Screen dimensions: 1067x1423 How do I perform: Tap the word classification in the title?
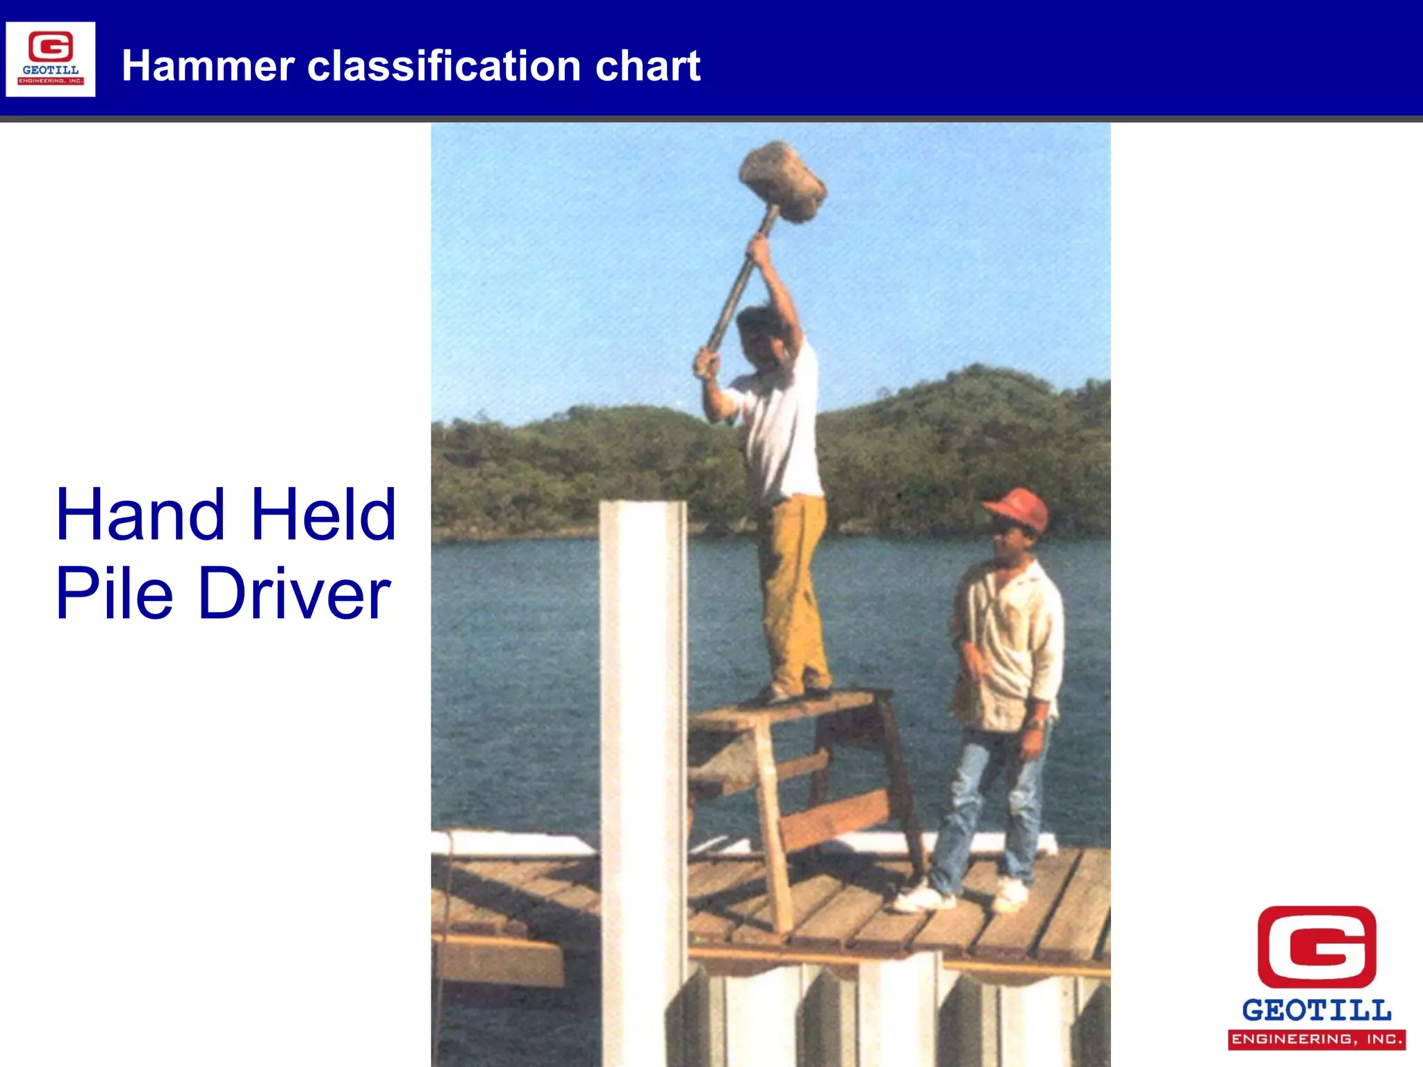[x=443, y=66]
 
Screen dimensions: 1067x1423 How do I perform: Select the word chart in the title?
[x=648, y=66]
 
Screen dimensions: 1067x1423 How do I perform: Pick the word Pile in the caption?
[x=114, y=594]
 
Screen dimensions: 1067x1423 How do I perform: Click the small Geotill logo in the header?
[x=51, y=59]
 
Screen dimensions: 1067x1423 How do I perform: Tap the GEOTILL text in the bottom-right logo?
[x=1317, y=1010]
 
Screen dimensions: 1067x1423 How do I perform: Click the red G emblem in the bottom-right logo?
[x=1317, y=946]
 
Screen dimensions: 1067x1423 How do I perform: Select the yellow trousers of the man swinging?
[x=792, y=590]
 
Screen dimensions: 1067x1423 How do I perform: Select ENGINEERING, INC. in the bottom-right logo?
[x=1317, y=1039]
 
